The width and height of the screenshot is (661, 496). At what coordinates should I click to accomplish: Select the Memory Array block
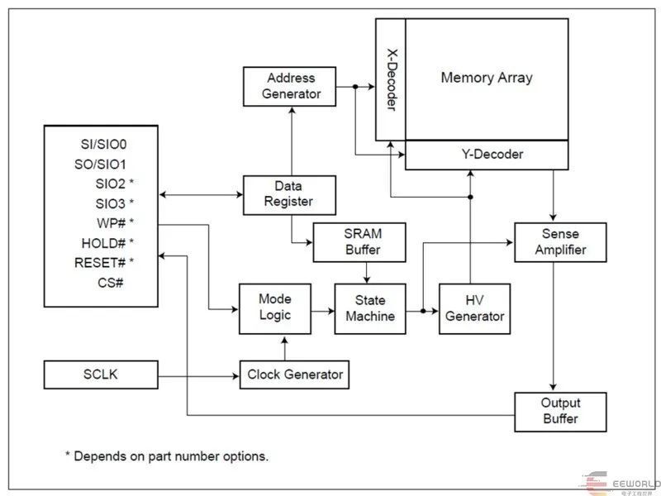pos(486,79)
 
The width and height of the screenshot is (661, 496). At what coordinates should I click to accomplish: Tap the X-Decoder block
pos(390,79)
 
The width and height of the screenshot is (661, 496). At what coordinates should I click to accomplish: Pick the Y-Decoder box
pos(486,155)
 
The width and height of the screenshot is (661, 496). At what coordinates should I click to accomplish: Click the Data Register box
pos(278,194)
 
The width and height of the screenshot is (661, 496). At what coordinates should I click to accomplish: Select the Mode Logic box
pos(274,308)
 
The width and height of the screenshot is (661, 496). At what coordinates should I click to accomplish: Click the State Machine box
pos(370,308)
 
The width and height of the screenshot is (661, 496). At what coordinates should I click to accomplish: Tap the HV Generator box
pos(473,308)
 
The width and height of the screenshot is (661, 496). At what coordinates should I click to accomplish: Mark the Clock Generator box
pos(294,374)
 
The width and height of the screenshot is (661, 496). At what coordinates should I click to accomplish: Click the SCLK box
pos(101,374)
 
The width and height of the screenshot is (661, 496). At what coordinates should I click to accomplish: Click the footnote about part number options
pos(166,455)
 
